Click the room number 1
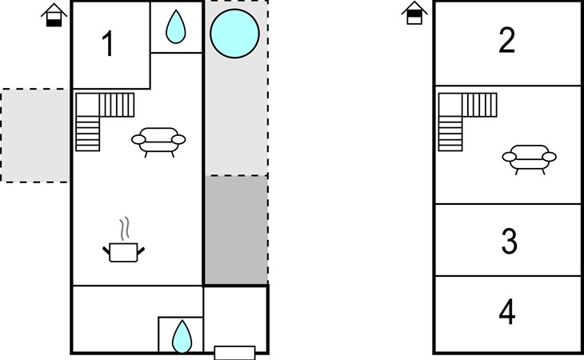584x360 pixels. click(108, 43)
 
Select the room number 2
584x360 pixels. click(507, 40)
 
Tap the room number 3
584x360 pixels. click(509, 242)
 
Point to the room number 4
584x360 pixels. click(507, 312)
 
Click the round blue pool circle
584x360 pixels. click(234, 34)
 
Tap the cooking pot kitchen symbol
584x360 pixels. click(124, 253)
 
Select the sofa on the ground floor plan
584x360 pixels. click(158, 142)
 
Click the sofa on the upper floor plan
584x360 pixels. click(530, 159)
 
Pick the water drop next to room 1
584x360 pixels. click(176, 27)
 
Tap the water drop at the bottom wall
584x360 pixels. click(182, 337)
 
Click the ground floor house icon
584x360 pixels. click(54, 15)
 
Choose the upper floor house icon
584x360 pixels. click(414, 13)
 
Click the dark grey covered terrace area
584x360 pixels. click(236, 230)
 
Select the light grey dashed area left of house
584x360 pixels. click(35, 135)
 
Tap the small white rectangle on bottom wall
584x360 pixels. click(234, 353)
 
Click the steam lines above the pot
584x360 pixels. click(125, 228)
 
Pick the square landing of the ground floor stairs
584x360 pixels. click(88, 105)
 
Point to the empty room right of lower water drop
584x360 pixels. click(235, 316)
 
